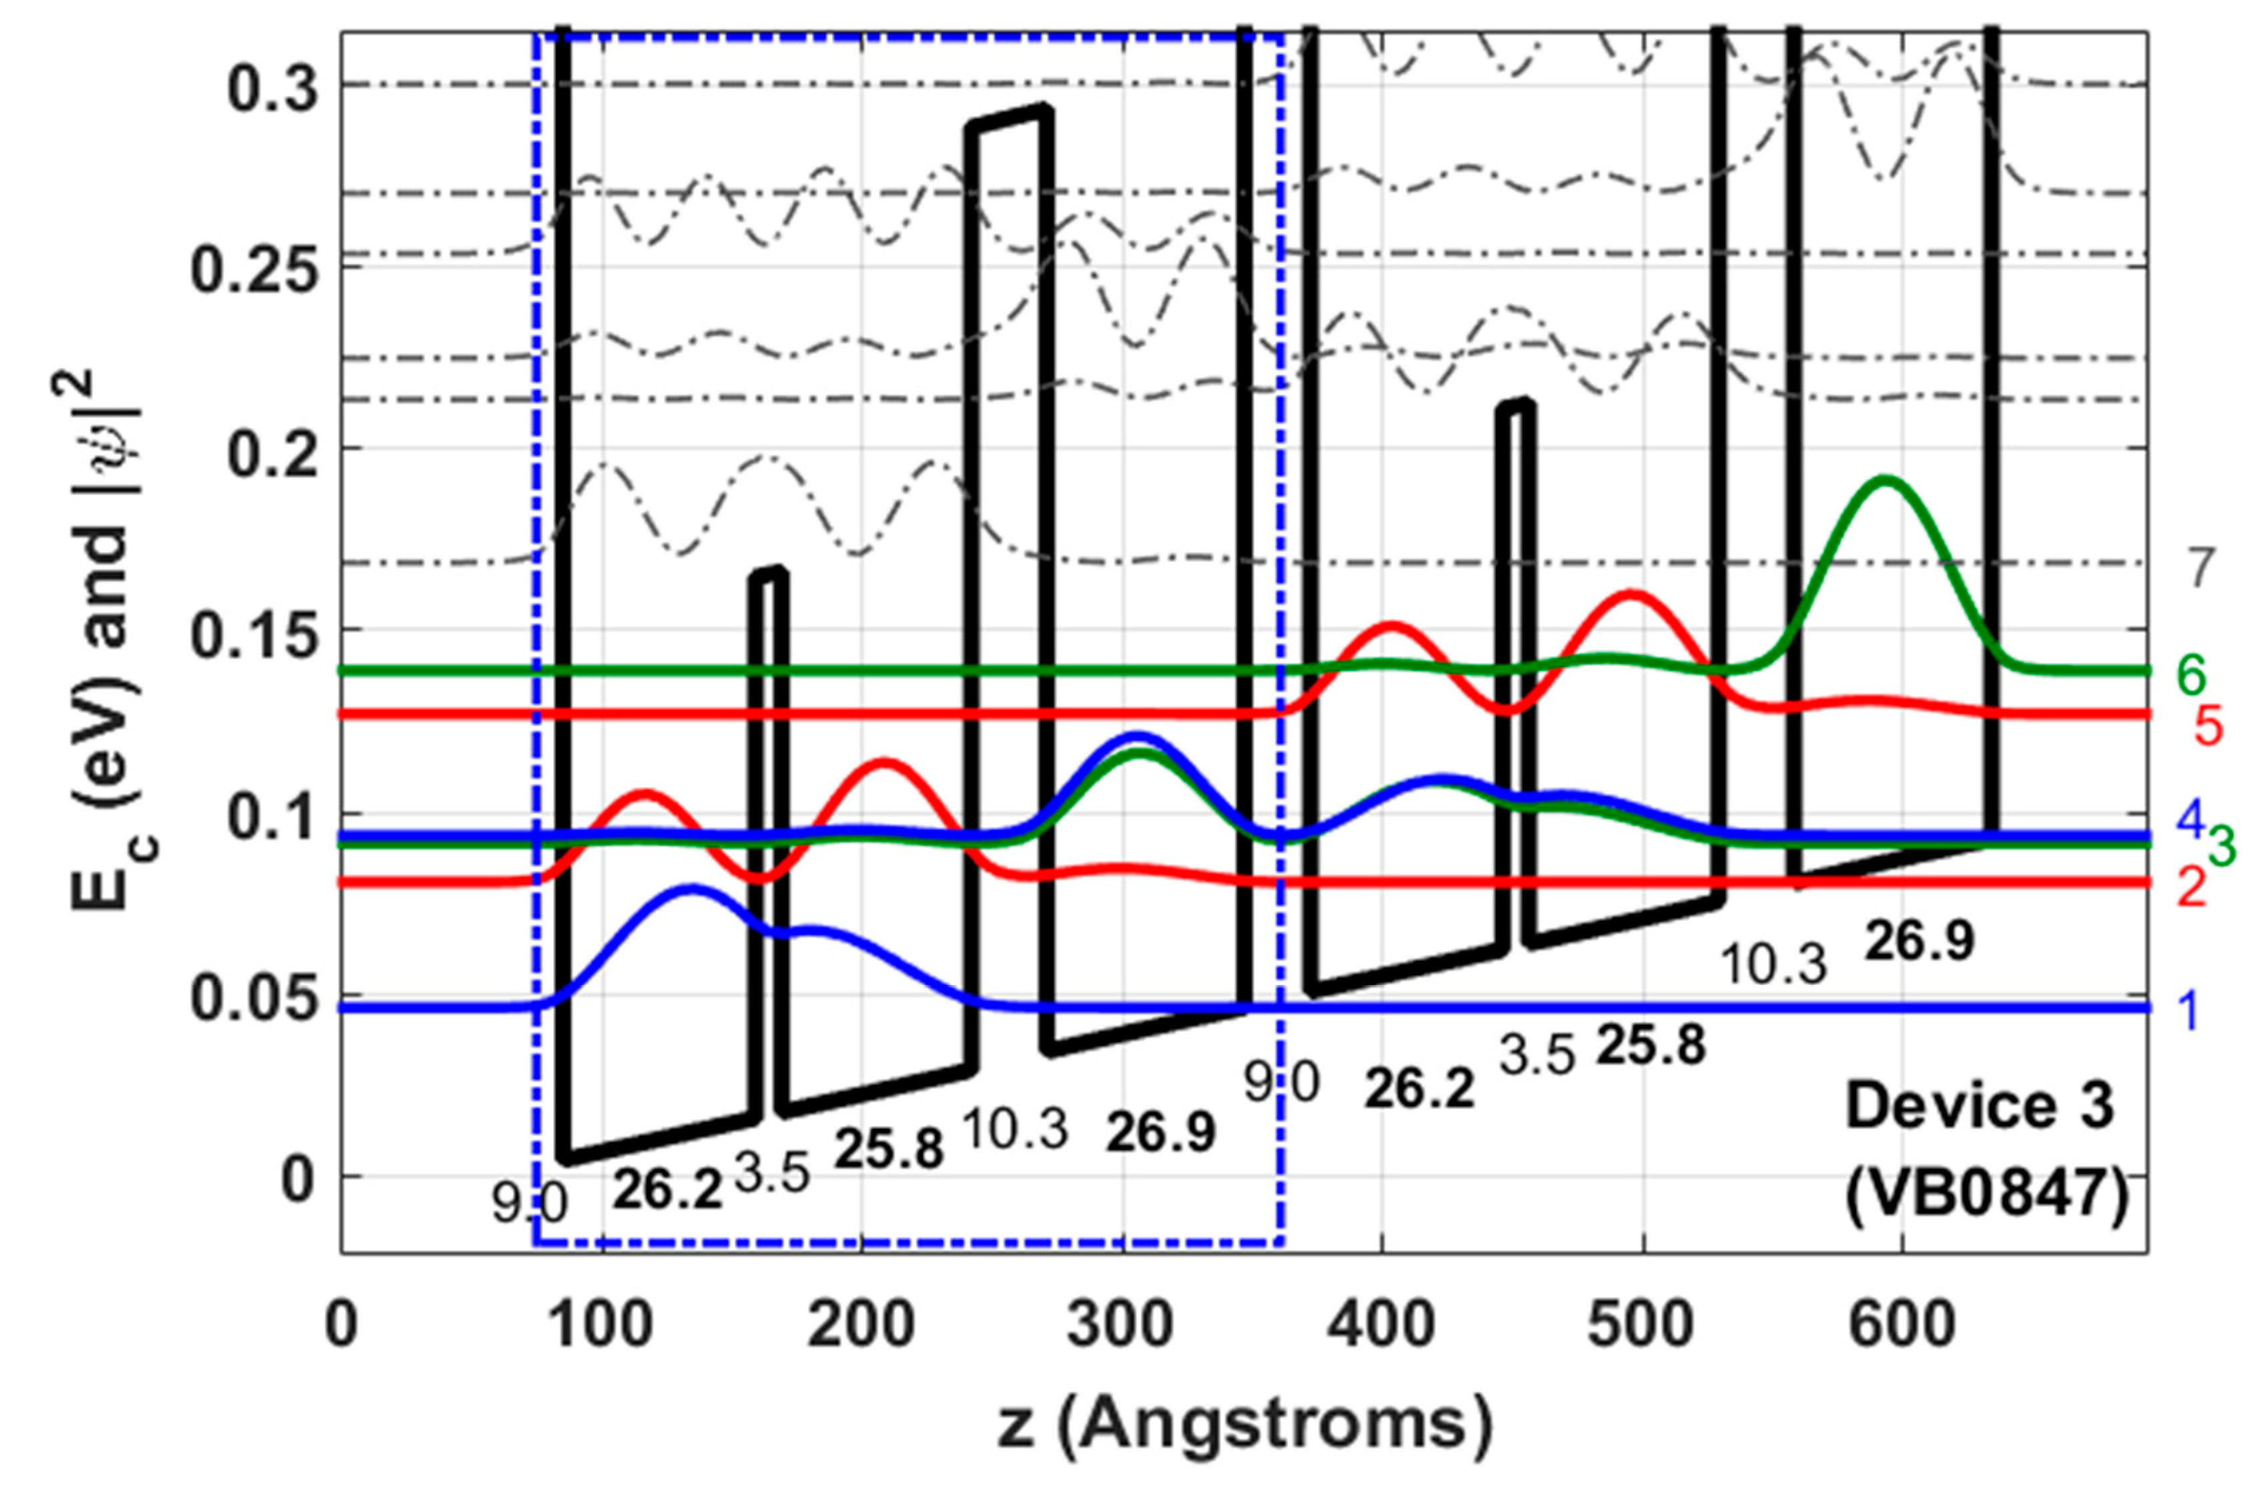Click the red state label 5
2208,728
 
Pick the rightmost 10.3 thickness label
1773,965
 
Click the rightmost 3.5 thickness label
1537,1055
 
